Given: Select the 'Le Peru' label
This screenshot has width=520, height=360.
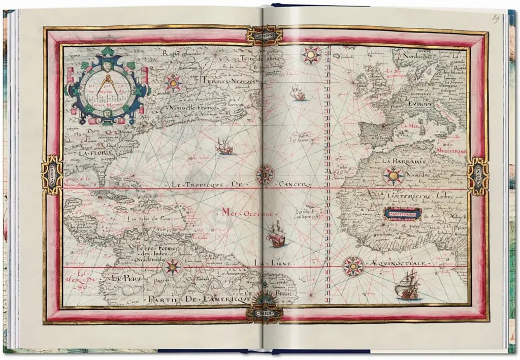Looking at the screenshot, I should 123,278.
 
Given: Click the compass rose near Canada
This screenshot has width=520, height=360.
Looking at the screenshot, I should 174,82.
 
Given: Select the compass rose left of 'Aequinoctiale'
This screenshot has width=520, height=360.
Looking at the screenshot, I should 353,266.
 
